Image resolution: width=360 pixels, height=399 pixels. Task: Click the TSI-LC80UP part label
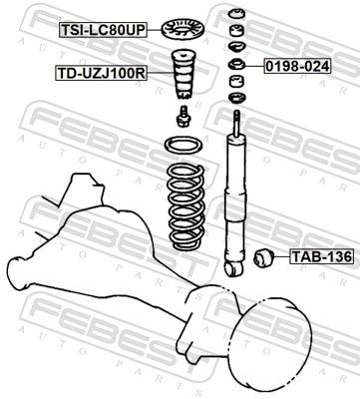coord(103,30)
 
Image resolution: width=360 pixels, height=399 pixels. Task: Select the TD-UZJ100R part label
coord(101,74)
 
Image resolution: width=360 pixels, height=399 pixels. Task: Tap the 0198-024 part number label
coord(297,66)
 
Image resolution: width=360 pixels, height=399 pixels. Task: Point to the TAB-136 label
coord(321,256)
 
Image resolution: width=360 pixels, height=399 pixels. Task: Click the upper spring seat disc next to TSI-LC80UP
coord(183,29)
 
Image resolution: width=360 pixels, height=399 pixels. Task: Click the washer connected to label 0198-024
coord(237,65)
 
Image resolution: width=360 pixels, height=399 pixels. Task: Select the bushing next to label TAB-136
coord(264,257)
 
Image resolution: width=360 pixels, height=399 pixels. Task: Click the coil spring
coord(184,207)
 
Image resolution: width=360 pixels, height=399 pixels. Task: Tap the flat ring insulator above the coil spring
coord(183,146)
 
